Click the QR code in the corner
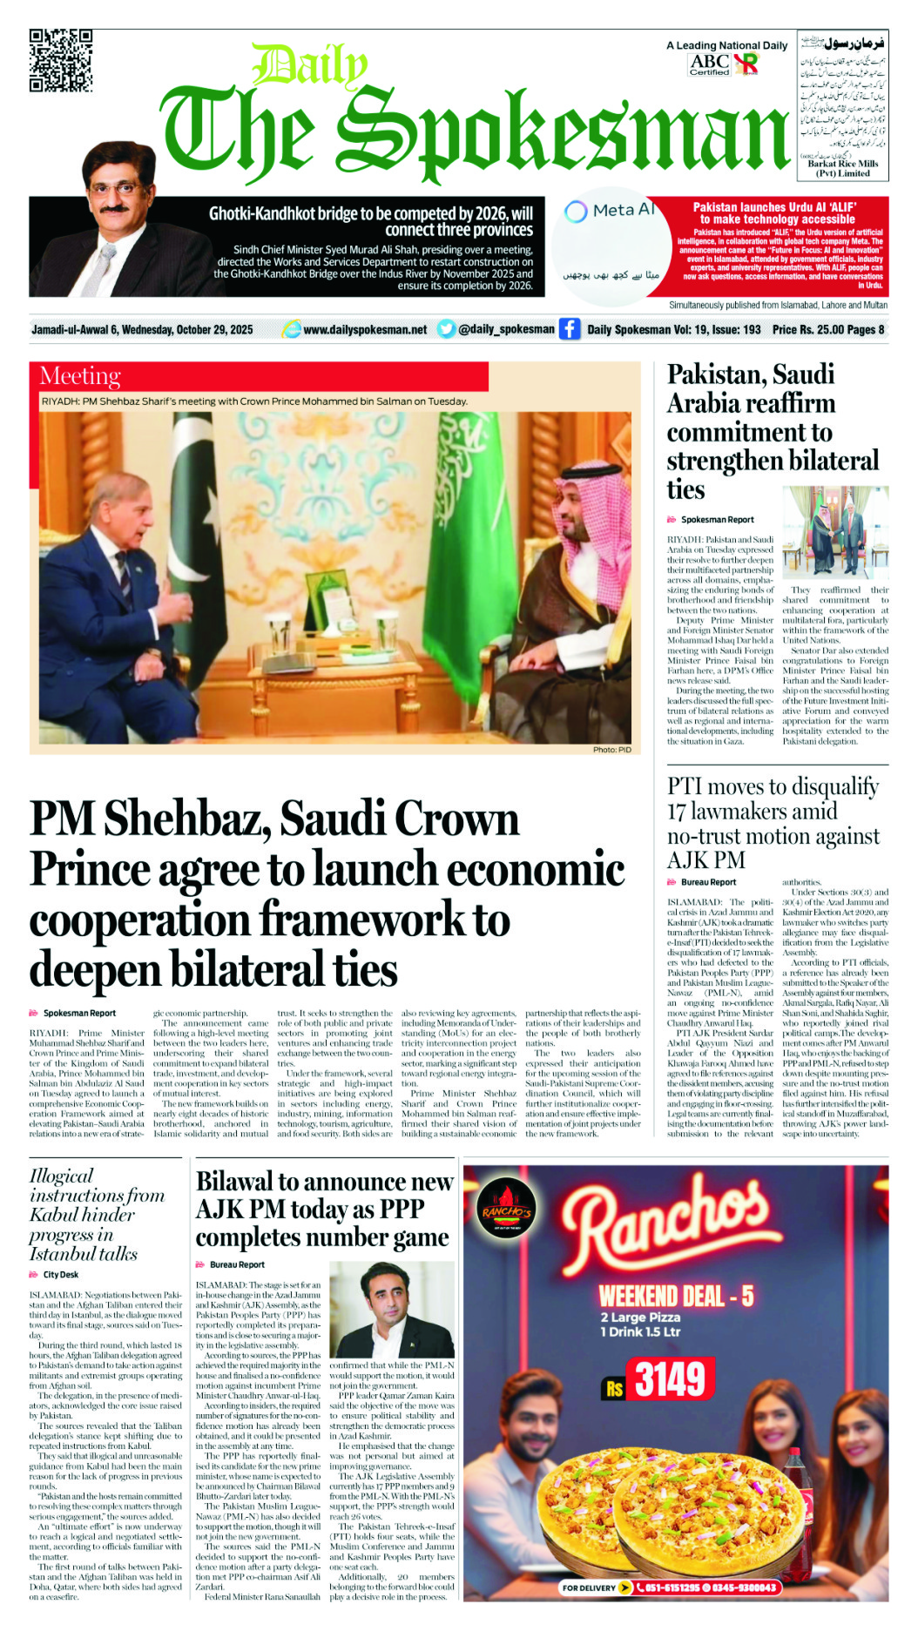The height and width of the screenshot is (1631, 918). tap(61, 60)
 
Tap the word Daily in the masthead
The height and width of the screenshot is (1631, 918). tap(308, 66)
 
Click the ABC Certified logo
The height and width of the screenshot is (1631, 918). tap(709, 64)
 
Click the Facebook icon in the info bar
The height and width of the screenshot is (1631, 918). tap(570, 329)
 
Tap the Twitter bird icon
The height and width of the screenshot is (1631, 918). tap(446, 329)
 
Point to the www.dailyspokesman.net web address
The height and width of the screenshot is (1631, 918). tap(365, 330)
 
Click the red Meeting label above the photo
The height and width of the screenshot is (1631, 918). tap(80, 376)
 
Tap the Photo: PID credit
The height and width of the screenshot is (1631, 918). tap(611, 749)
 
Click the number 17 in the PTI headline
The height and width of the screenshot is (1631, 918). tap(677, 812)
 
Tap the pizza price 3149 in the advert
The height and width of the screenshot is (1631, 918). tap(669, 1379)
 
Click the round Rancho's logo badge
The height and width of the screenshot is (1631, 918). tap(508, 1210)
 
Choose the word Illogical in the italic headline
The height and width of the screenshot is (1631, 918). tap(61, 1176)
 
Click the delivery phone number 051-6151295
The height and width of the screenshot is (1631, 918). tap(668, 1587)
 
